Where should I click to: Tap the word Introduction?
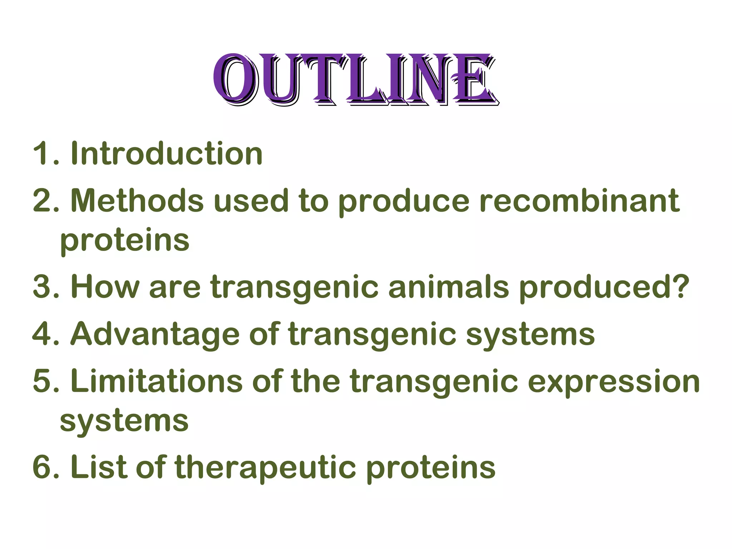[167, 154]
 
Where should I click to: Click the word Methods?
[137, 201]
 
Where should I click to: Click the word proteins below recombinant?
[125, 240]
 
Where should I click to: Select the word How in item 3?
[105, 287]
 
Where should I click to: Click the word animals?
[449, 287]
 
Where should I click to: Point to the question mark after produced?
[679, 286]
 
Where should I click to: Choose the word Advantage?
[155, 334]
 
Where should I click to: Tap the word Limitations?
[157, 381]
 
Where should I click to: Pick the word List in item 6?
[99, 467]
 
